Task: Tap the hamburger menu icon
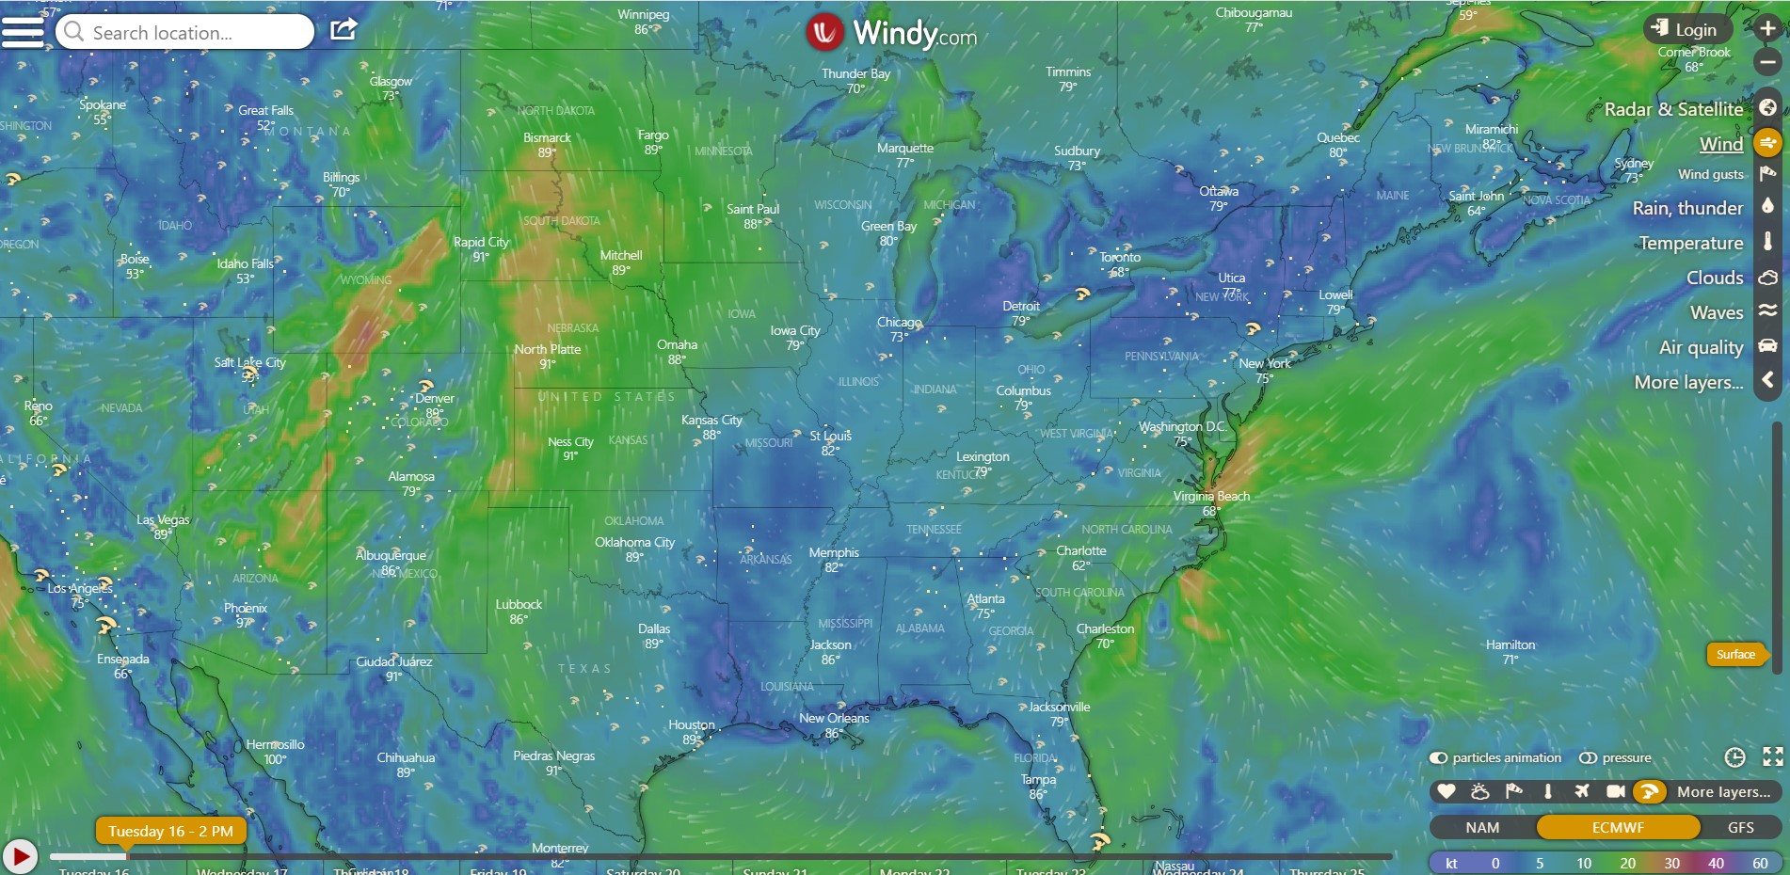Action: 23,31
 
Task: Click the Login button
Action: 1686,29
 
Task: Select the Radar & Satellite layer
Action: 1673,109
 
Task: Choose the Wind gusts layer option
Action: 1710,174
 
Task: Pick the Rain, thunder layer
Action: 1687,208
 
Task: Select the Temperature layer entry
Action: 1690,243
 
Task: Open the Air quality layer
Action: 1701,347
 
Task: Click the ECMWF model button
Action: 1618,827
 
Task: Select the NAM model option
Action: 1482,827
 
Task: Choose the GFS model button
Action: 1740,827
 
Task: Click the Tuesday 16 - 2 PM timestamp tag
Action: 170,831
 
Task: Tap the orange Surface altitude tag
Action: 1734,654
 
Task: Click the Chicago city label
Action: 899,322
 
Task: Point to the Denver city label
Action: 435,398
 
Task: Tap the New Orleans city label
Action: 834,718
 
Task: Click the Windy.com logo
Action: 892,33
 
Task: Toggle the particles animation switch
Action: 1438,757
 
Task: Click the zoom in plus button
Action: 1767,28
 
